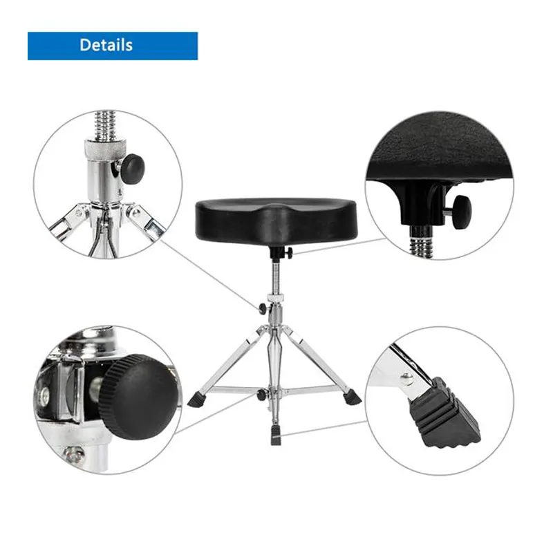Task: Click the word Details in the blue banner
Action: [106, 45]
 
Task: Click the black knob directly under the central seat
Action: [290, 252]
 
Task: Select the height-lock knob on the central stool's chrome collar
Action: [263, 308]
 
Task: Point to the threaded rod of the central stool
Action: [275, 276]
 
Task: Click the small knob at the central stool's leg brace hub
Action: [261, 394]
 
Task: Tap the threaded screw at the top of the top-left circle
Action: [106, 125]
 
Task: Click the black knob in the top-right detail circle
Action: [462, 213]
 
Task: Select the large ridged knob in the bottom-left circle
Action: [138, 397]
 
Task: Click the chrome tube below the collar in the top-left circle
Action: [105, 178]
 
